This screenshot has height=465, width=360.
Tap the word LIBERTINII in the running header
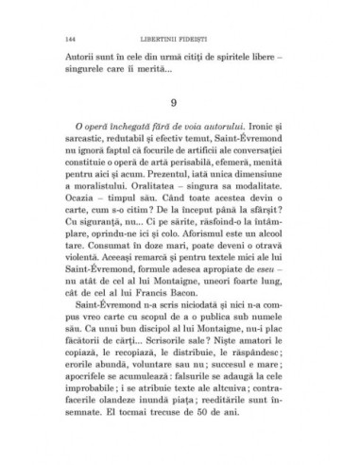164,38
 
